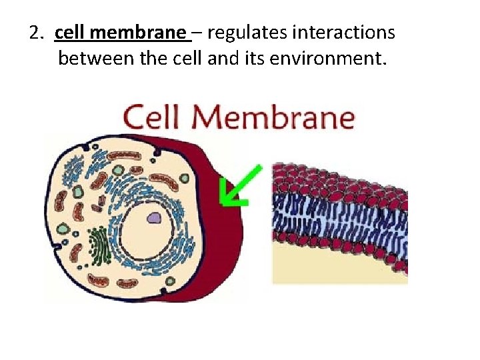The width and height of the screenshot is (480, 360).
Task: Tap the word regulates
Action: [x=237, y=33]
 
